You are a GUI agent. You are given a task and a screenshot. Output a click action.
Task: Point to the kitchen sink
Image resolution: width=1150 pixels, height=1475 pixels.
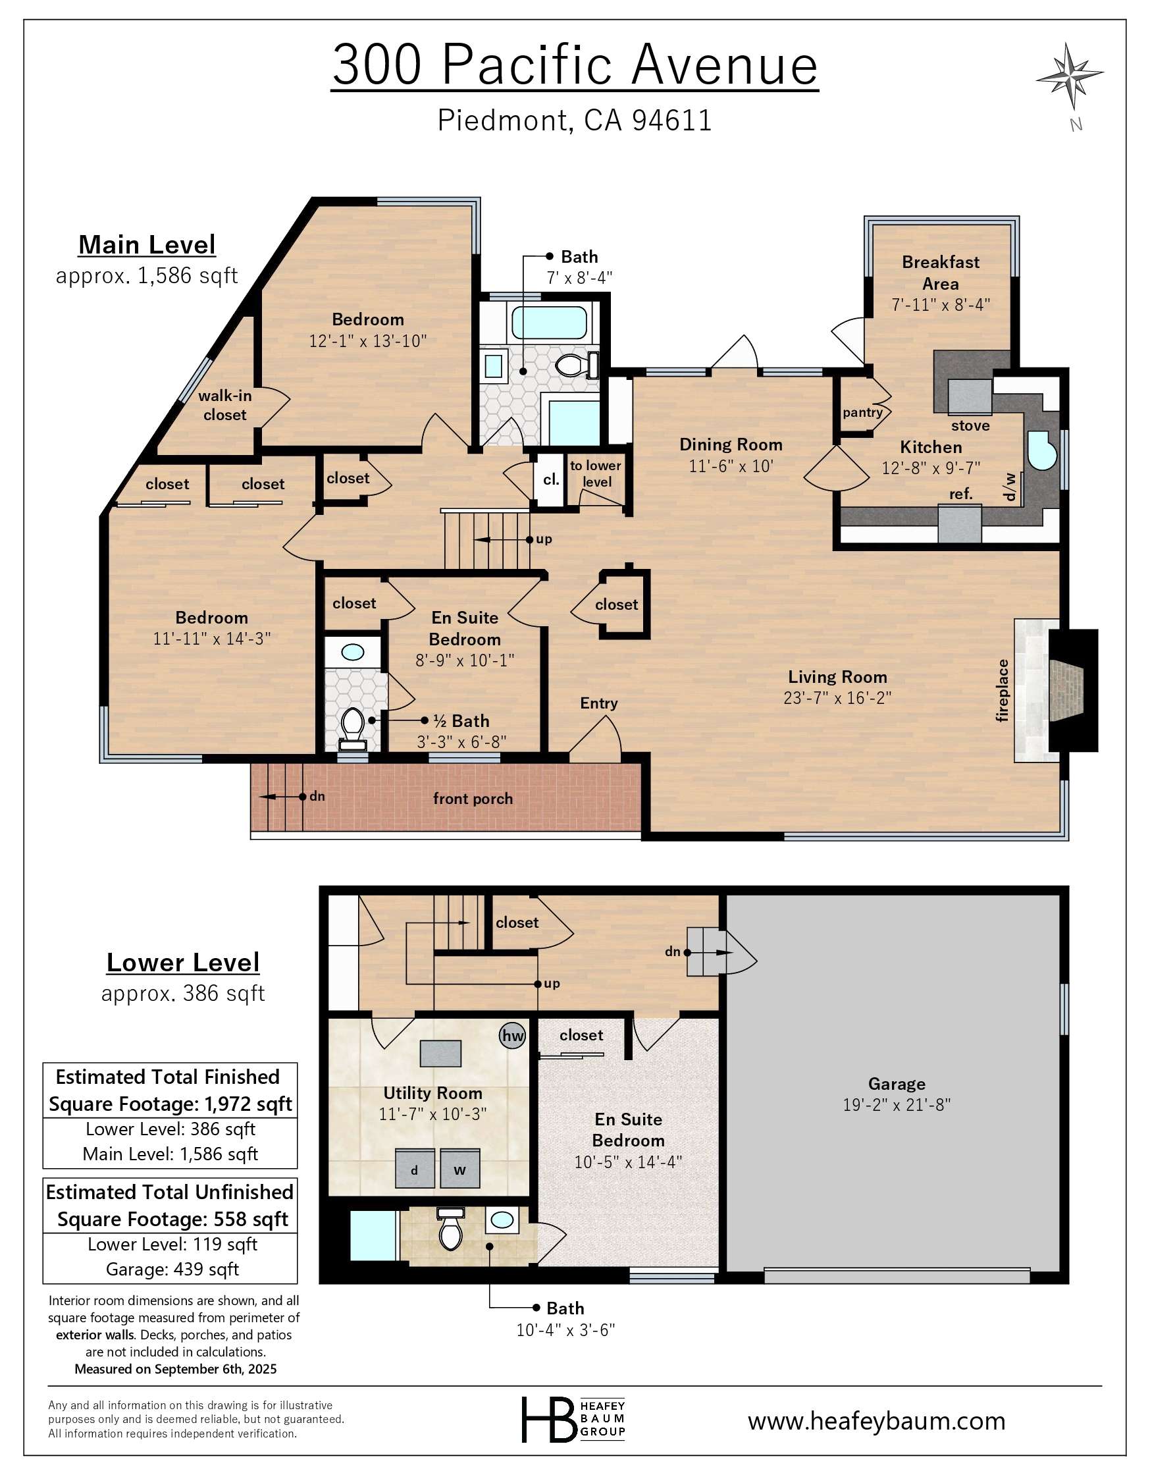(1041, 450)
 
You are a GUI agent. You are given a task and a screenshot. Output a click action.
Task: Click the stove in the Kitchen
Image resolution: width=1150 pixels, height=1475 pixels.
(970, 397)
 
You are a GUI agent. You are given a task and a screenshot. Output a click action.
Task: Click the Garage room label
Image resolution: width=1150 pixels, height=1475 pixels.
(896, 1084)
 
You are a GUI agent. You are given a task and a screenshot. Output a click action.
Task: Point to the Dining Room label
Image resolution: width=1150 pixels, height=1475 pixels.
(731, 444)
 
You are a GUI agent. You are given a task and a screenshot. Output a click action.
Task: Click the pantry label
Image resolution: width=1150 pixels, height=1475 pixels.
(862, 412)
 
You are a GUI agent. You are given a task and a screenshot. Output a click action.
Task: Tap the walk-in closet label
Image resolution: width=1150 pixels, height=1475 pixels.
(225, 405)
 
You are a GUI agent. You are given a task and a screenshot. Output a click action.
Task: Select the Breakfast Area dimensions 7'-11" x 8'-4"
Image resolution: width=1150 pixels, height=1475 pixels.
(941, 305)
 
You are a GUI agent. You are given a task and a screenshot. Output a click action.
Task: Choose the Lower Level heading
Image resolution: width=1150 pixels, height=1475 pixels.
(183, 963)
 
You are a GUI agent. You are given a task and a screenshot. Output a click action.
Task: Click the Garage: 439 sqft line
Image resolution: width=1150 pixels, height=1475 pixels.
(172, 1269)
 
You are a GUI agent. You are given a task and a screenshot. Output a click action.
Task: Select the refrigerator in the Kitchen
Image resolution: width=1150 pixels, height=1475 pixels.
(960, 524)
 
